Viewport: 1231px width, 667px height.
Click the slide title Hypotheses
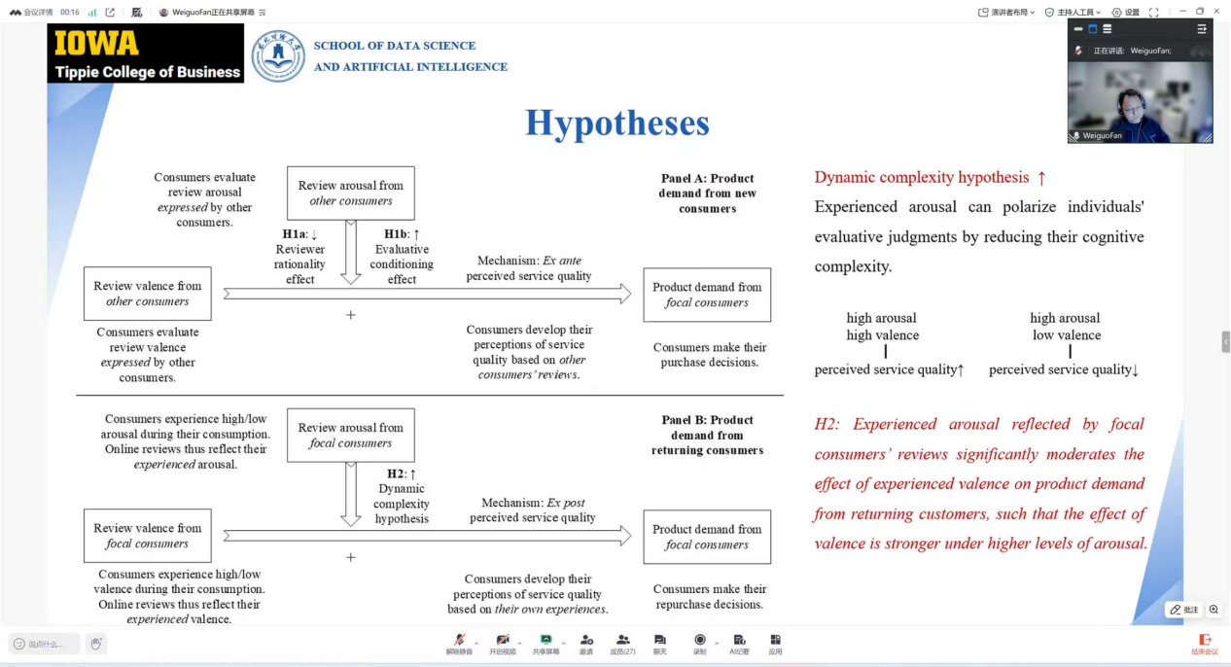[x=617, y=123]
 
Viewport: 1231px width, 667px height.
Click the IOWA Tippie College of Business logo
[x=146, y=53]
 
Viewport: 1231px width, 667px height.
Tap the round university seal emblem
[x=278, y=55]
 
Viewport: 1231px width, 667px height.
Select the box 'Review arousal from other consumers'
[x=351, y=193]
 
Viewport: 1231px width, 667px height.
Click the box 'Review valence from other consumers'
[x=148, y=294]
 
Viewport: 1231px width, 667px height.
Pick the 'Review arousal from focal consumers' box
[x=351, y=436]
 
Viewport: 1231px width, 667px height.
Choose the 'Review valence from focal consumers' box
[x=148, y=536]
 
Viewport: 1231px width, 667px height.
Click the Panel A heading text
[x=707, y=193]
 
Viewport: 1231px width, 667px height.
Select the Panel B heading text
[x=707, y=436]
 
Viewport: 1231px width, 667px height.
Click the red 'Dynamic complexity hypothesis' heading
[x=922, y=177]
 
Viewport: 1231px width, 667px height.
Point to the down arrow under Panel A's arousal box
[x=351, y=253]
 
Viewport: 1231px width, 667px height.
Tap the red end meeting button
[x=1205, y=643]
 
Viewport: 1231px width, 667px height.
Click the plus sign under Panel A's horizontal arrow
[x=351, y=315]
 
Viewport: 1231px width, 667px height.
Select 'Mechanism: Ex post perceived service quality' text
[x=533, y=510]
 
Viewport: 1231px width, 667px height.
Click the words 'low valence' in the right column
[x=1067, y=335]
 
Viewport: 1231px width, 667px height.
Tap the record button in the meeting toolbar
[x=700, y=643]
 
